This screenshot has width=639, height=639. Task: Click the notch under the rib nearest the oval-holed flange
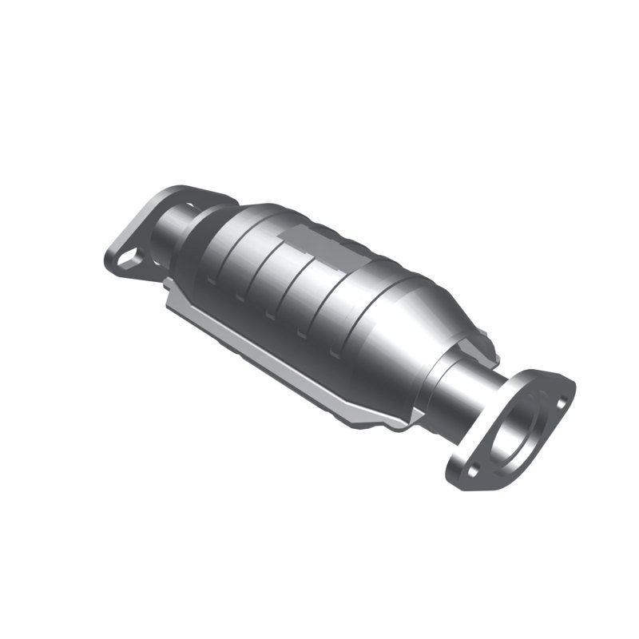[x=209, y=280]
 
